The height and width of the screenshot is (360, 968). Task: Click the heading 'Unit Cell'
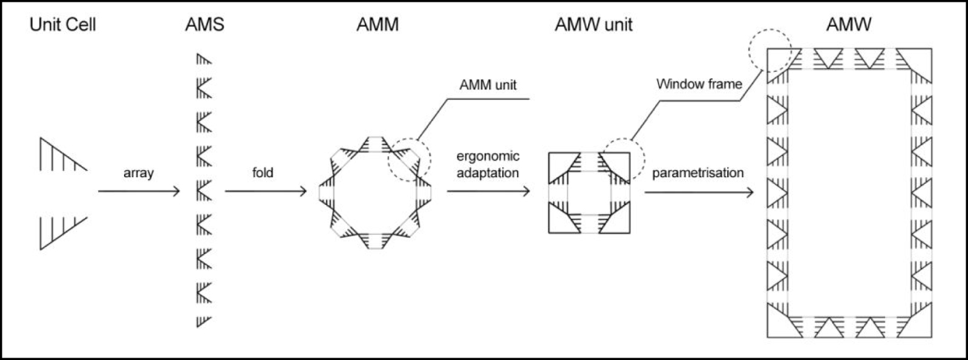point(63,25)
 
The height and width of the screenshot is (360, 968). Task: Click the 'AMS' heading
point(204,25)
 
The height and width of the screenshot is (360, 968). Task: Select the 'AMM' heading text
point(378,25)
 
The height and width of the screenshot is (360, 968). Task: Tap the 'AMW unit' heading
point(593,25)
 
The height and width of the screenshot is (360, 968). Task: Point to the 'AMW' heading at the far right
point(848,25)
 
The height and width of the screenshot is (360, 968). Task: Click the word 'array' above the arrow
point(139,173)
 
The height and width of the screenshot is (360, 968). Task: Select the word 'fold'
point(263,173)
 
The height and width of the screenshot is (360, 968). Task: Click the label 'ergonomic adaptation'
point(488,165)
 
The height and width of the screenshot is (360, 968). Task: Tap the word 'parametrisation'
point(698,173)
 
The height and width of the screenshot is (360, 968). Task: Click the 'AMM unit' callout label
point(488,85)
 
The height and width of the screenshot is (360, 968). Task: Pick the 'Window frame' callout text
point(699,84)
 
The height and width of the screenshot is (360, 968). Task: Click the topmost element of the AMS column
point(203,59)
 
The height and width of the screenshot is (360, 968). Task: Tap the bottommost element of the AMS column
point(203,321)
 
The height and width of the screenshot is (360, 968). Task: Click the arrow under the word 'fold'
point(266,192)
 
